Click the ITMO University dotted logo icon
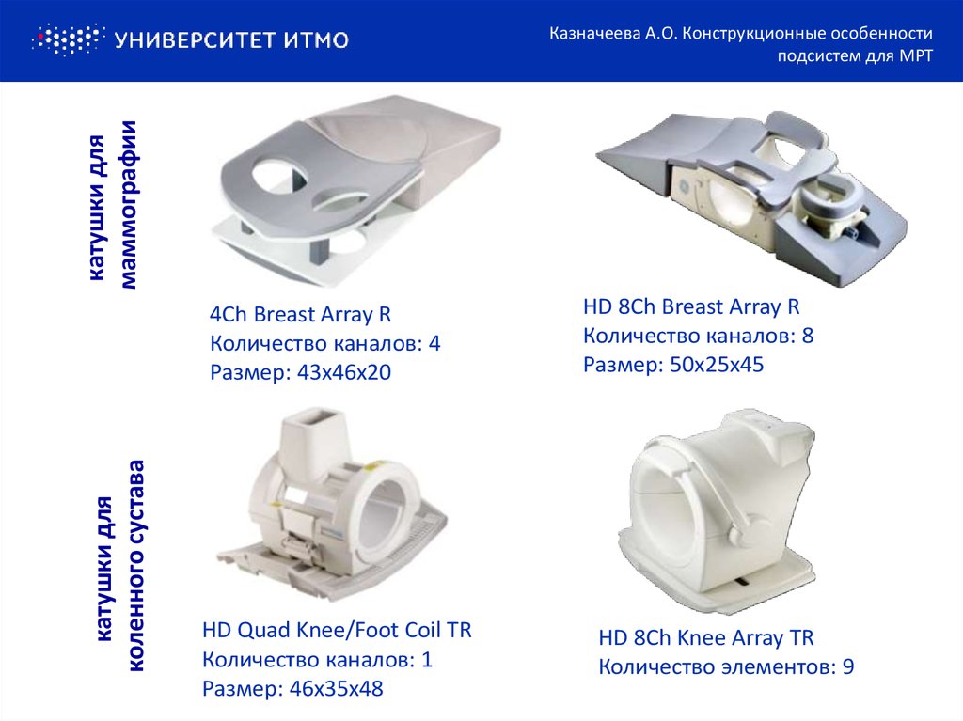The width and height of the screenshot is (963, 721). pos(68,39)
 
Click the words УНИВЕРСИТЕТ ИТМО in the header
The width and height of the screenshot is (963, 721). pos(231,40)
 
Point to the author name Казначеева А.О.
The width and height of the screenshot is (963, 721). pos(613,33)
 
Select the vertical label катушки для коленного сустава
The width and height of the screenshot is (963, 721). pos(121,565)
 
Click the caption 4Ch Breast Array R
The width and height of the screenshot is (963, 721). pos(300,314)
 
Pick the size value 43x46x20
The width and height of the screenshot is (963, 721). pos(344,372)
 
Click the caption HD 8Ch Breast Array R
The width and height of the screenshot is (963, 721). pos(691,306)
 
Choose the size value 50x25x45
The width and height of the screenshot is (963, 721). pos(717,365)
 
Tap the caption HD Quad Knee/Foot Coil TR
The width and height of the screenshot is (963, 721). pos(338,630)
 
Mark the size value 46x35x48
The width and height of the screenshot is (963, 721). pos(337,688)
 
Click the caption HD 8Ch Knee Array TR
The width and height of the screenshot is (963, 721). pos(706,637)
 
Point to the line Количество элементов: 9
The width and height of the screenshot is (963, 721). pos(727,667)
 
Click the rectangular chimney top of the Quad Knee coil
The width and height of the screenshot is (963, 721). pos(317,421)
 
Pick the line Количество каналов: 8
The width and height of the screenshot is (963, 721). pos(699,336)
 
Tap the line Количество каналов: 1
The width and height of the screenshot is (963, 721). pos(318,660)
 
